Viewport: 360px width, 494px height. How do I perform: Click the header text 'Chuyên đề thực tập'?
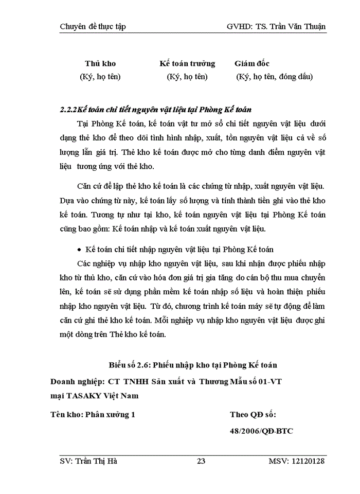click(x=93, y=26)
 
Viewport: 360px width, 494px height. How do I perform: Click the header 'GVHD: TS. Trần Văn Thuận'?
click(x=276, y=26)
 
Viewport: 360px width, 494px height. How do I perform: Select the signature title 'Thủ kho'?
click(x=100, y=64)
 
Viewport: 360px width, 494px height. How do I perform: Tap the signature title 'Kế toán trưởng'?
click(x=187, y=64)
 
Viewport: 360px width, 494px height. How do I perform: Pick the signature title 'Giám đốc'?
click(x=252, y=64)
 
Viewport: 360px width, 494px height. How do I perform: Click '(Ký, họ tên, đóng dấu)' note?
click(x=274, y=77)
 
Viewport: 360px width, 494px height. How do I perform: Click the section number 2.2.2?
click(x=69, y=110)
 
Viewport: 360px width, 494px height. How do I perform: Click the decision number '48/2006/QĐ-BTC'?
click(x=261, y=431)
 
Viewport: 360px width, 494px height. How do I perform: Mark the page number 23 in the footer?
click(x=201, y=461)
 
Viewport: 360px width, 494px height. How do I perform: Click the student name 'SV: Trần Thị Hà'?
click(x=88, y=461)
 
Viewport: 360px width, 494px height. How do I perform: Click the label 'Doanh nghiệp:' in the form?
click(x=78, y=381)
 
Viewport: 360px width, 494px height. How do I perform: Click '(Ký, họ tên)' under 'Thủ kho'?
click(x=100, y=77)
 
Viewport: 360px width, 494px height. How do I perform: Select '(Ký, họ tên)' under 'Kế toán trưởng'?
click(x=187, y=77)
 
